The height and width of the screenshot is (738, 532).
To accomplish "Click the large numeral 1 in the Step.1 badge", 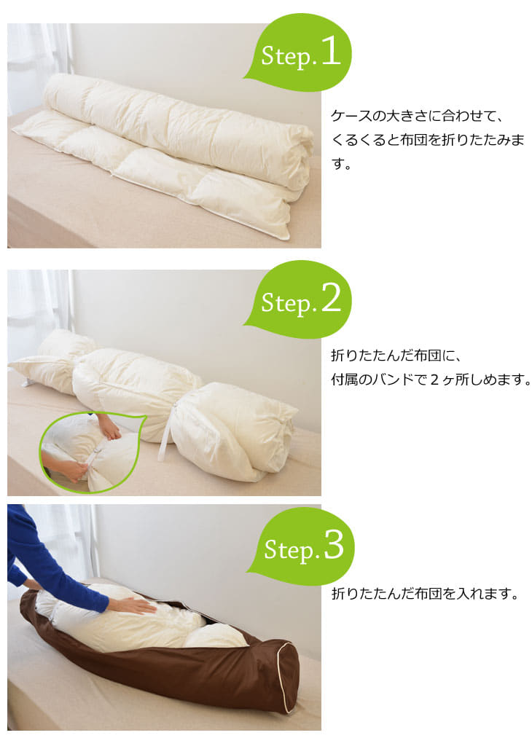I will (x=330, y=53).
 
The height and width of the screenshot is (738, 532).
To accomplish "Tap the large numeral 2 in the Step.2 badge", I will (x=330, y=299).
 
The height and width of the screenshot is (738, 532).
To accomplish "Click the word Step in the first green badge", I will (x=286, y=58).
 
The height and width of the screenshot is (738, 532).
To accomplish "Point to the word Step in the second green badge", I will (x=286, y=303).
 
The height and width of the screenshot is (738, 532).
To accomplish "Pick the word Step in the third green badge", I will (x=289, y=551).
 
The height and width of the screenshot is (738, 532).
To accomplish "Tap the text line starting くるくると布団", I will (x=427, y=141).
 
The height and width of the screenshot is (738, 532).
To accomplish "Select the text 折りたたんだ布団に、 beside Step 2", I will (x=397, y=356).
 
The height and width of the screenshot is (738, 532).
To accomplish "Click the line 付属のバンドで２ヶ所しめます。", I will (x=430, y=380).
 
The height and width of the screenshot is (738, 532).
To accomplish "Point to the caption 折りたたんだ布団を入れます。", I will (x=424, y=594).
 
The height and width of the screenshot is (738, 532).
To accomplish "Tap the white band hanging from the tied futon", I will (x=165, y=437).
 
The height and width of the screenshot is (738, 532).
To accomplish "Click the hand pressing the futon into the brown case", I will (x=132, y=605).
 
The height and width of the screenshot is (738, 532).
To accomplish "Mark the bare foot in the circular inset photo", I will (x=109, y=428).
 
